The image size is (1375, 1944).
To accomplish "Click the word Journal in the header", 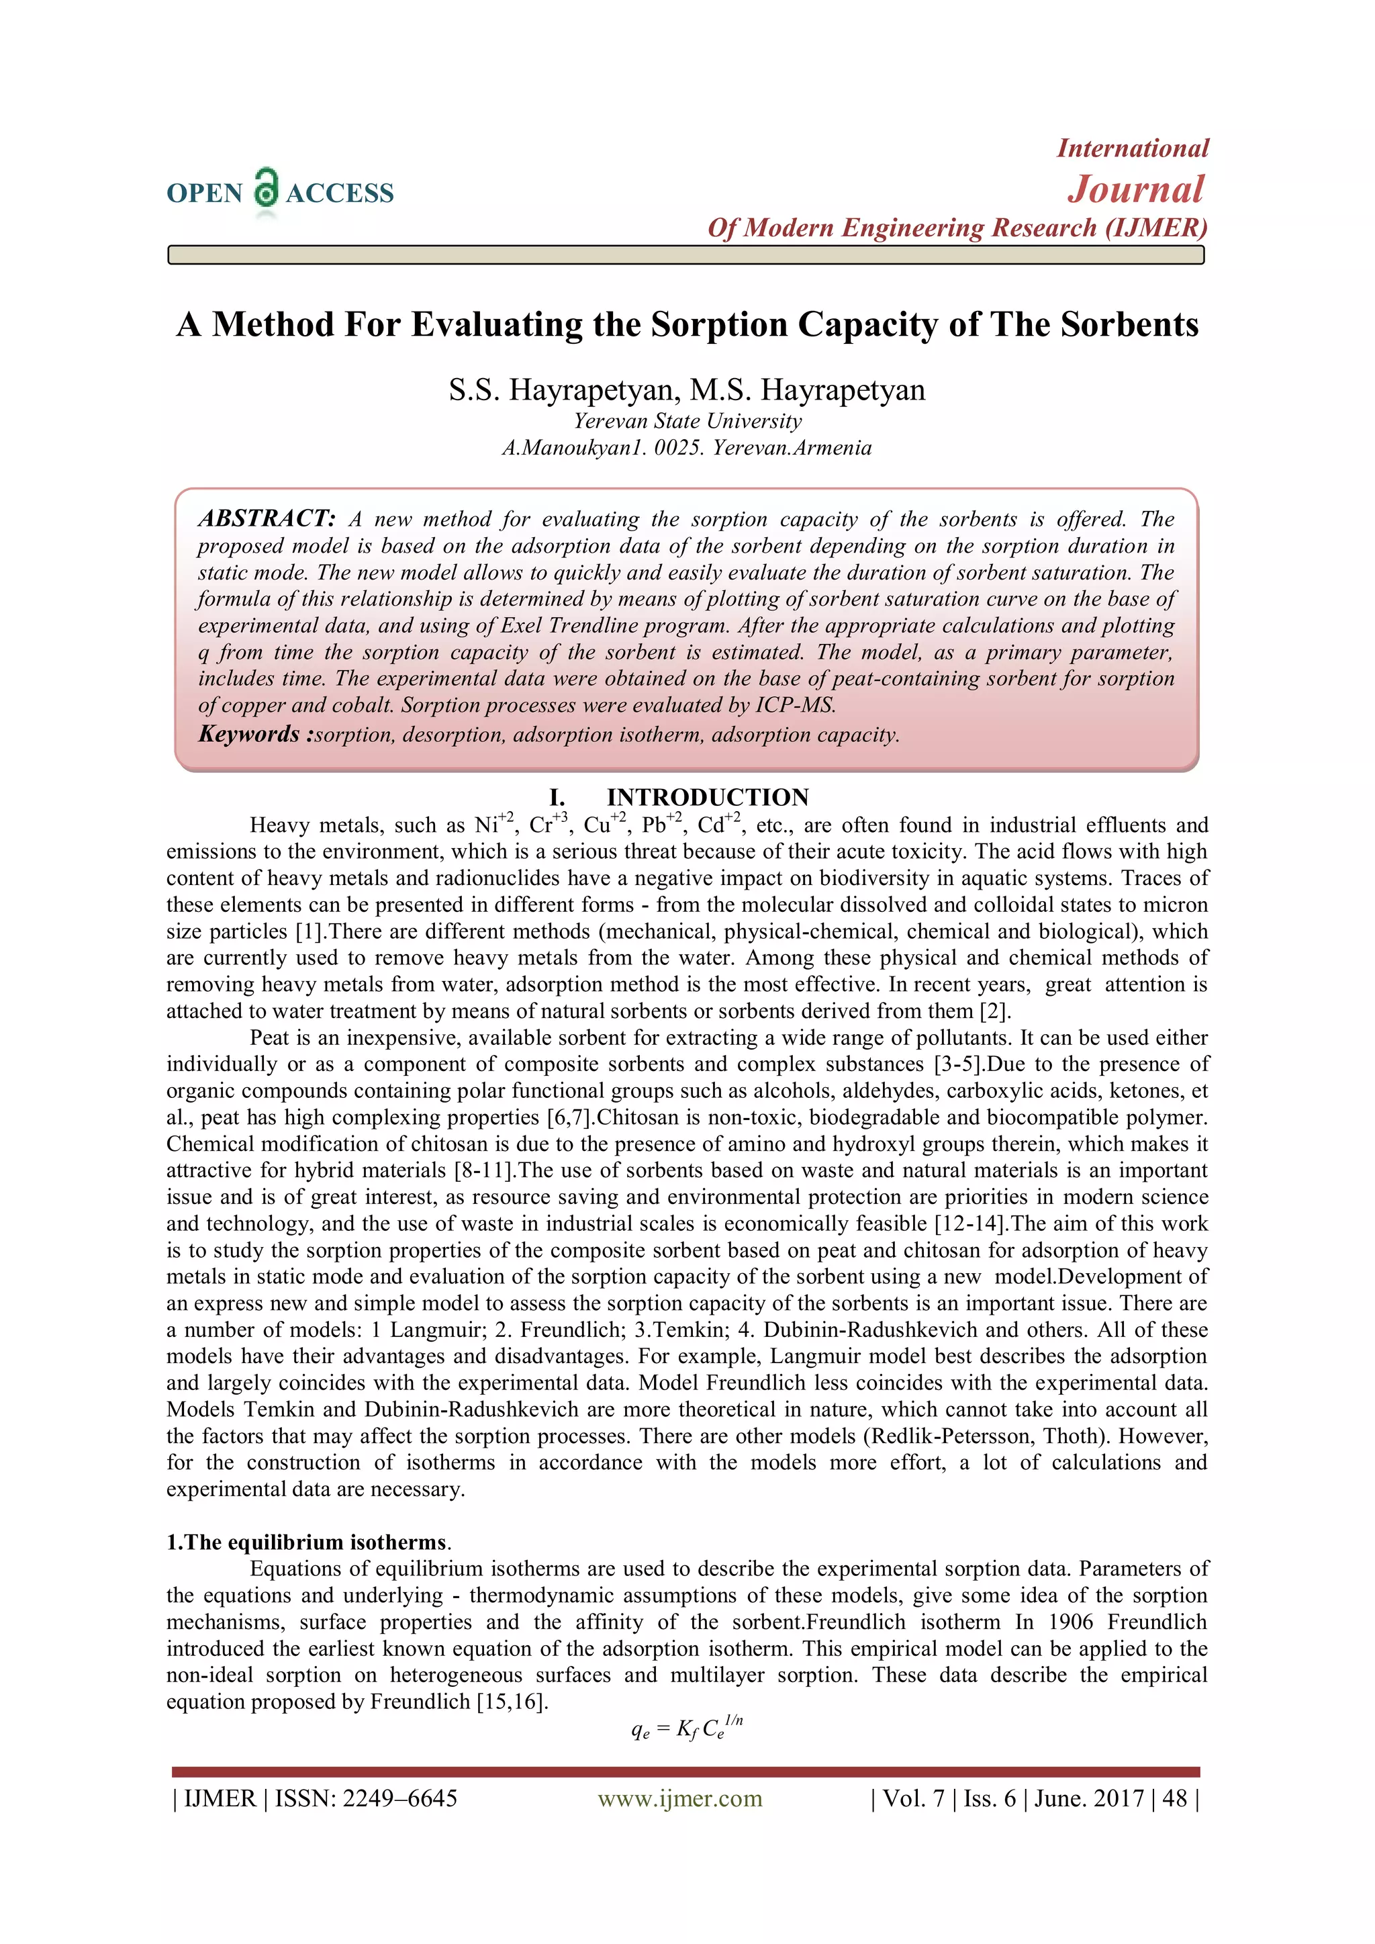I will (x=1135, y=189).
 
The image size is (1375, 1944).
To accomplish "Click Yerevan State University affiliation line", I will (x=687, y=421).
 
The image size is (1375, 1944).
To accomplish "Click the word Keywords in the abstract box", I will (x=249, y=734).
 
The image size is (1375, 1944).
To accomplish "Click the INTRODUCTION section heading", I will (x=707, y=798).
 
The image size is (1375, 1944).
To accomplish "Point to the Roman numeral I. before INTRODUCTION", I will (x=557, y=798).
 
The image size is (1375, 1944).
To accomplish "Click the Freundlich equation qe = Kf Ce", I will (x=687, y=1728).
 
